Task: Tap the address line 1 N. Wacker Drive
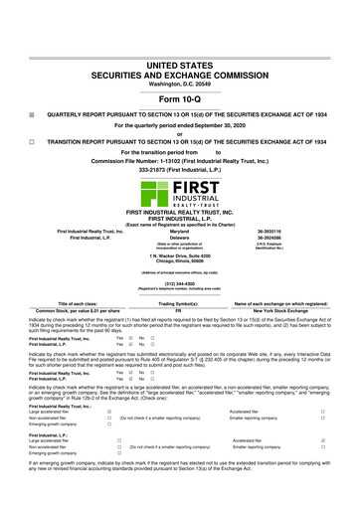coord(180,228)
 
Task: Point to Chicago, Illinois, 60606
coord(180,235)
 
